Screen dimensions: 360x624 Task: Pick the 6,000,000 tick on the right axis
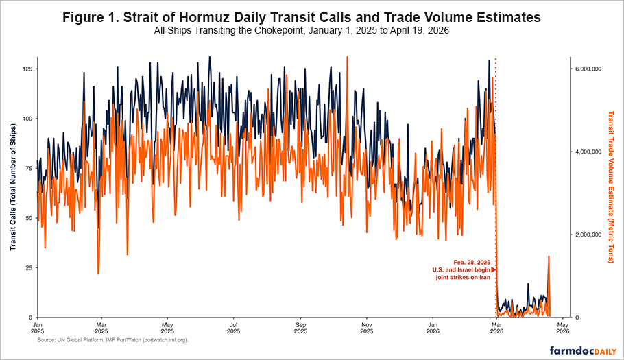pyautogui.click(x=588, y=69)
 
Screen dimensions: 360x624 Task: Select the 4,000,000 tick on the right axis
pyautogui.click(x=588, y=152)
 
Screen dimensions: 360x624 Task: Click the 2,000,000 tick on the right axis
pyautogui.click(x=588, y=235)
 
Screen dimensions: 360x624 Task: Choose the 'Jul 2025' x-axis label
pyautogui.click(x=234, y=328)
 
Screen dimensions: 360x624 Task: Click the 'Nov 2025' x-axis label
pyautogui.click(x=367, y=328)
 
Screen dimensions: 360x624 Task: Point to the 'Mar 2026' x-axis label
pyautogui.click(x=498, y=328)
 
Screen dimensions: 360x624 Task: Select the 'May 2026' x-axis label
pyautogui.click(x=562, y=328)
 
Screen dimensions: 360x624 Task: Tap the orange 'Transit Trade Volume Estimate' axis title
pyautogui.click(x=612, y=187)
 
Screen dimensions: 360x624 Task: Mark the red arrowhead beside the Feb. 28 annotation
pyautogui.click(x=493, y=270)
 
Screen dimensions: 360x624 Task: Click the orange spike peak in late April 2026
pyautogui.click(x=549, y=256)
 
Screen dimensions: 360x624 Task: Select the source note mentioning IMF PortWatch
pyautogui.click(x=112, y=340)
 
